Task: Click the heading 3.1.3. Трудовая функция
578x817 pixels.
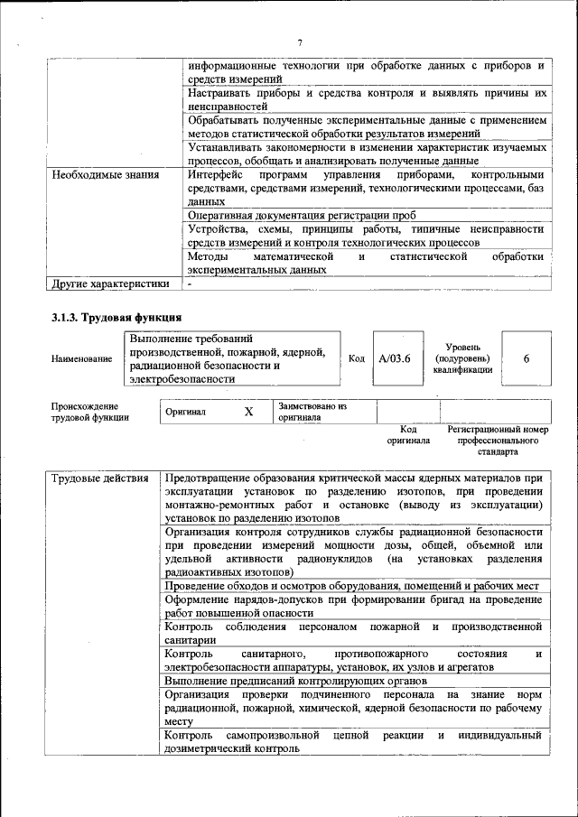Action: (117, 317)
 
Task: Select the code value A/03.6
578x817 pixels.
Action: (395, 358)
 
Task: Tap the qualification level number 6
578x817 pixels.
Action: (526, 358)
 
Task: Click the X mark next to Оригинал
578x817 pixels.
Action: (248, 412)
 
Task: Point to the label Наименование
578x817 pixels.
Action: (82, 358)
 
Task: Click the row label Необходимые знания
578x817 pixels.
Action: (106, 174)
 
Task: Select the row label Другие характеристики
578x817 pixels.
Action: (110, 283)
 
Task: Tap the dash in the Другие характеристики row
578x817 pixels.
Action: (190, 283)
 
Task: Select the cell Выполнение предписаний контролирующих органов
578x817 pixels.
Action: (296, 681)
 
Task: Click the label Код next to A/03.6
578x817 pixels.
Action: (357, 358)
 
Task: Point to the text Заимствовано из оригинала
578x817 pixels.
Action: (312, 412)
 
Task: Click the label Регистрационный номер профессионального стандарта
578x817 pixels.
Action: (498, 440)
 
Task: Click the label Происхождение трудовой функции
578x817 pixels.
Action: (89, 412)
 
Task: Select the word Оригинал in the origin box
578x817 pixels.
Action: (186, 412)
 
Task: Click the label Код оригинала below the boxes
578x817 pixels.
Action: (408, 435)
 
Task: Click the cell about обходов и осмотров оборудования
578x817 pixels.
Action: (352, 586)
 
